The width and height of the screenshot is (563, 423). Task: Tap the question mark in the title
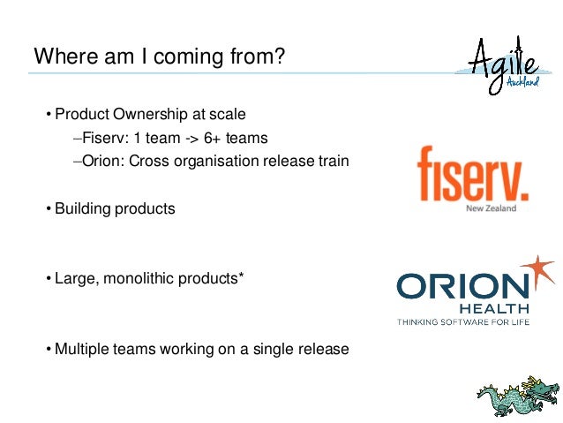click(x=280, y=57)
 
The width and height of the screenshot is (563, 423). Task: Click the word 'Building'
click(x=84, y=209)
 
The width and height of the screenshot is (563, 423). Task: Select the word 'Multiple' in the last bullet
click(x=81, y=349)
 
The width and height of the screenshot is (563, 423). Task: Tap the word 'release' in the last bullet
click(x=324, y=349)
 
